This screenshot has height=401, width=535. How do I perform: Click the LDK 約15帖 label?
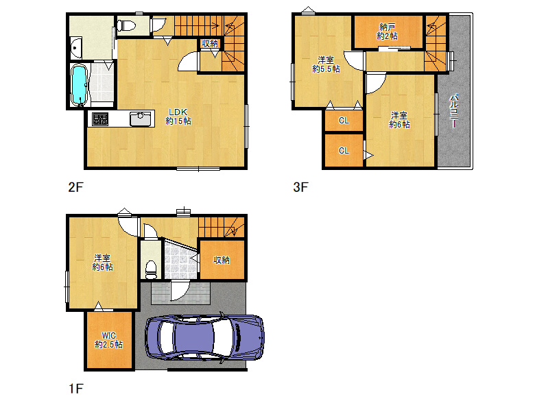[178, 117]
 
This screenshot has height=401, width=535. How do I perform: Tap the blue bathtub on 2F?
[79, 84]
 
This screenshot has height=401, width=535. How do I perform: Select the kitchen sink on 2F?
[140, 119]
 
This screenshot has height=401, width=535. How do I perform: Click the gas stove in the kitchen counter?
[100, 119]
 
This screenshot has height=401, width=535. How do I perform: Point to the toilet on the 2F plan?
[126, 25]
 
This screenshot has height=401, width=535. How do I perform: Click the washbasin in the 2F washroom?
[76, 48]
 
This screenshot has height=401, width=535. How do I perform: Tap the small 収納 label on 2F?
[210, 43]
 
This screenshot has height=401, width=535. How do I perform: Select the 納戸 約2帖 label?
[388, 32]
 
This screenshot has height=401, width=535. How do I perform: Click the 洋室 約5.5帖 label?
[326, 64]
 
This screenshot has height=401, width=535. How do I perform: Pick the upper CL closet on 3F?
[344, 121]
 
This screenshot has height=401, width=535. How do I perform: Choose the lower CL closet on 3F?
[344, 150]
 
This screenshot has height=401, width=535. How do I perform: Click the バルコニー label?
[454, 111]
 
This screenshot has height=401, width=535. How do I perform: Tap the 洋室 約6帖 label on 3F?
[399, 120]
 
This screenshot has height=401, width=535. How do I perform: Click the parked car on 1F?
[204, 337]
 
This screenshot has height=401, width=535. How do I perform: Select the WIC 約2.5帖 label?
[108, 340]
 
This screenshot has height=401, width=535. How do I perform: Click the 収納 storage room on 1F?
[222, 260]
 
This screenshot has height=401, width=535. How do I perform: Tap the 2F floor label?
[75, 187]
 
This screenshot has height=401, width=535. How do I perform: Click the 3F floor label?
[300, 187]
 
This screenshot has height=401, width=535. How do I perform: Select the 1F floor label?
[75, 389]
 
